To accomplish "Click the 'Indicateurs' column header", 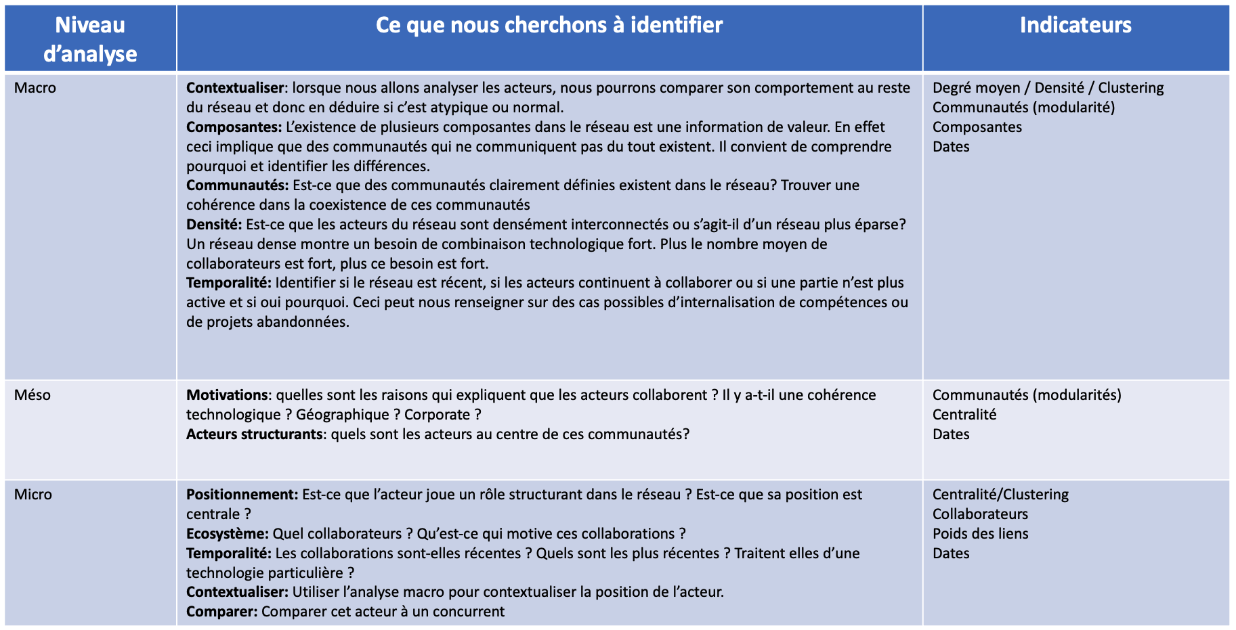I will [1075, 26].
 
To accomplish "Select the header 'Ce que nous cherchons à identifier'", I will [549, 26].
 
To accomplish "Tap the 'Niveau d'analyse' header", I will [90, 39].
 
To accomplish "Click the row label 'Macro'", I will [35, 88].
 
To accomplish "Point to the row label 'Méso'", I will [33, 395].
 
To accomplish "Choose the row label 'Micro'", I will [33, 495].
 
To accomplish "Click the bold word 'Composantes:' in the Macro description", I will [234, 127].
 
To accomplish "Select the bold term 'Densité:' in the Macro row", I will [214, 225].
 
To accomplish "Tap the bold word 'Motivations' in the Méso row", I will [227, 395].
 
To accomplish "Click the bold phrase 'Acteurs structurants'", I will [254, 434].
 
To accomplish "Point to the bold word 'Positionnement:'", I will [242, 495].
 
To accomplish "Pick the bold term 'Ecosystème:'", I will [228, 534].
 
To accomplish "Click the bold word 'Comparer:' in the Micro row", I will [222, 612].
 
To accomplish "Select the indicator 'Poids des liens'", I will [980, 534].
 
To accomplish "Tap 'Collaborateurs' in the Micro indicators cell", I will [980, 514].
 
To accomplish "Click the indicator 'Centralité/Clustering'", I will [1000, 495].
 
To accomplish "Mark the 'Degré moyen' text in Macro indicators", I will [976, 88].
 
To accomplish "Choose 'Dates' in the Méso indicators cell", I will [951, 434].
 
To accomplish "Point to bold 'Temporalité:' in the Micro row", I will [229, 554].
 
